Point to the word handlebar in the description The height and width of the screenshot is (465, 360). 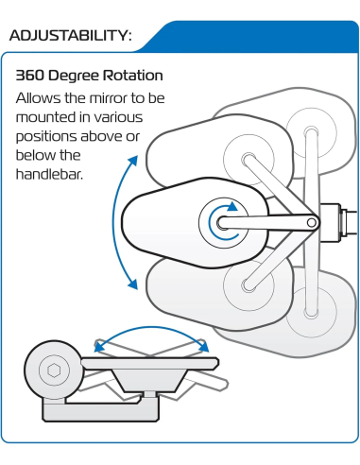49,174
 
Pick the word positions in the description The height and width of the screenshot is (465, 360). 46,137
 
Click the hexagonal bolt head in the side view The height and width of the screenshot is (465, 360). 54,370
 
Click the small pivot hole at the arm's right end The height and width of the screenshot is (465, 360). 311,223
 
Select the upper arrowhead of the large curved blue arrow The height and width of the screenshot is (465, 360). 133,160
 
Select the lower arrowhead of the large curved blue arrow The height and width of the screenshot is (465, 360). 133,284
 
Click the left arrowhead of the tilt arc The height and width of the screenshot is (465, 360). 99,346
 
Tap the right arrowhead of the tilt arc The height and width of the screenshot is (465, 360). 203,346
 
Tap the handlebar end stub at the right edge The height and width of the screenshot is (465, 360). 351,222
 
